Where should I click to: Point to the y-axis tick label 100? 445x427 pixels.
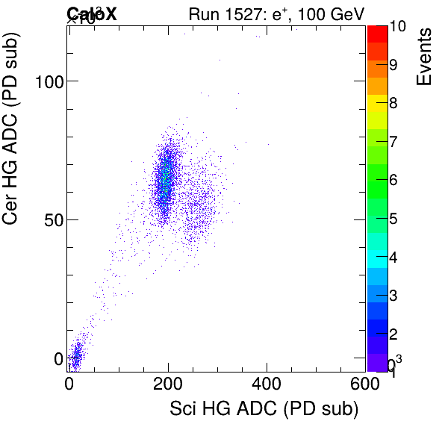47,81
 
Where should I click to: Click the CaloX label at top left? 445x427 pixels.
92,13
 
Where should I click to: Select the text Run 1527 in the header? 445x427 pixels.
220,13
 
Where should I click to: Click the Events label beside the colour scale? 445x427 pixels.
424,56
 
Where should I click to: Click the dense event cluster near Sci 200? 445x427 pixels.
165,183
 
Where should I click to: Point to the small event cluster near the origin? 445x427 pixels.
75,357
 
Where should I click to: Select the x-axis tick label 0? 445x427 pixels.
69,384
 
